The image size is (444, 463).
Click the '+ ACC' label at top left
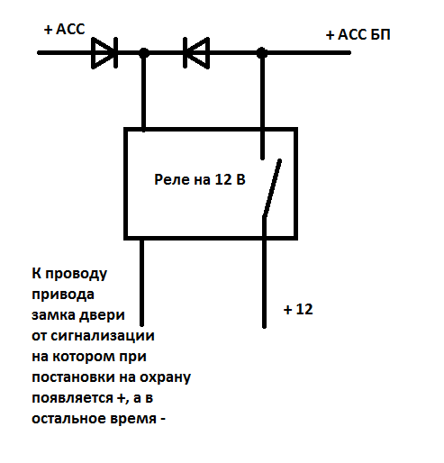tap(65, 30)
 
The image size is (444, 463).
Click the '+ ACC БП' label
tap(358, 35)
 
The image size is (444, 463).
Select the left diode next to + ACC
tap(104, 53)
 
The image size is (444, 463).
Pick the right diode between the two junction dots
tap(196, 53)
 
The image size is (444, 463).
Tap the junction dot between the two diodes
tap(144, 53)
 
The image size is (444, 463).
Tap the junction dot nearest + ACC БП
tap(262, 53)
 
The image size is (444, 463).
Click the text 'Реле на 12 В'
tap(200, 179)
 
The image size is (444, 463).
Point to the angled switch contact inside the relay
tap(272, 188)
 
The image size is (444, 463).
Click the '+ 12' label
tap(298, 309)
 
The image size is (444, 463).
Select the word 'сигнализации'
tap(103, 336)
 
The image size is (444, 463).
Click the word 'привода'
tap(63, 295)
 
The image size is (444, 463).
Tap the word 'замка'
tap(52, 315)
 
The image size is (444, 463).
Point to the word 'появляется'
tap(73, 399)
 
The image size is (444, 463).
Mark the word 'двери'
tap(102, 316)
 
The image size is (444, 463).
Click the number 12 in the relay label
tap(223, 179)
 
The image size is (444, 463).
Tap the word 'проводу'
tap(76, 274)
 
